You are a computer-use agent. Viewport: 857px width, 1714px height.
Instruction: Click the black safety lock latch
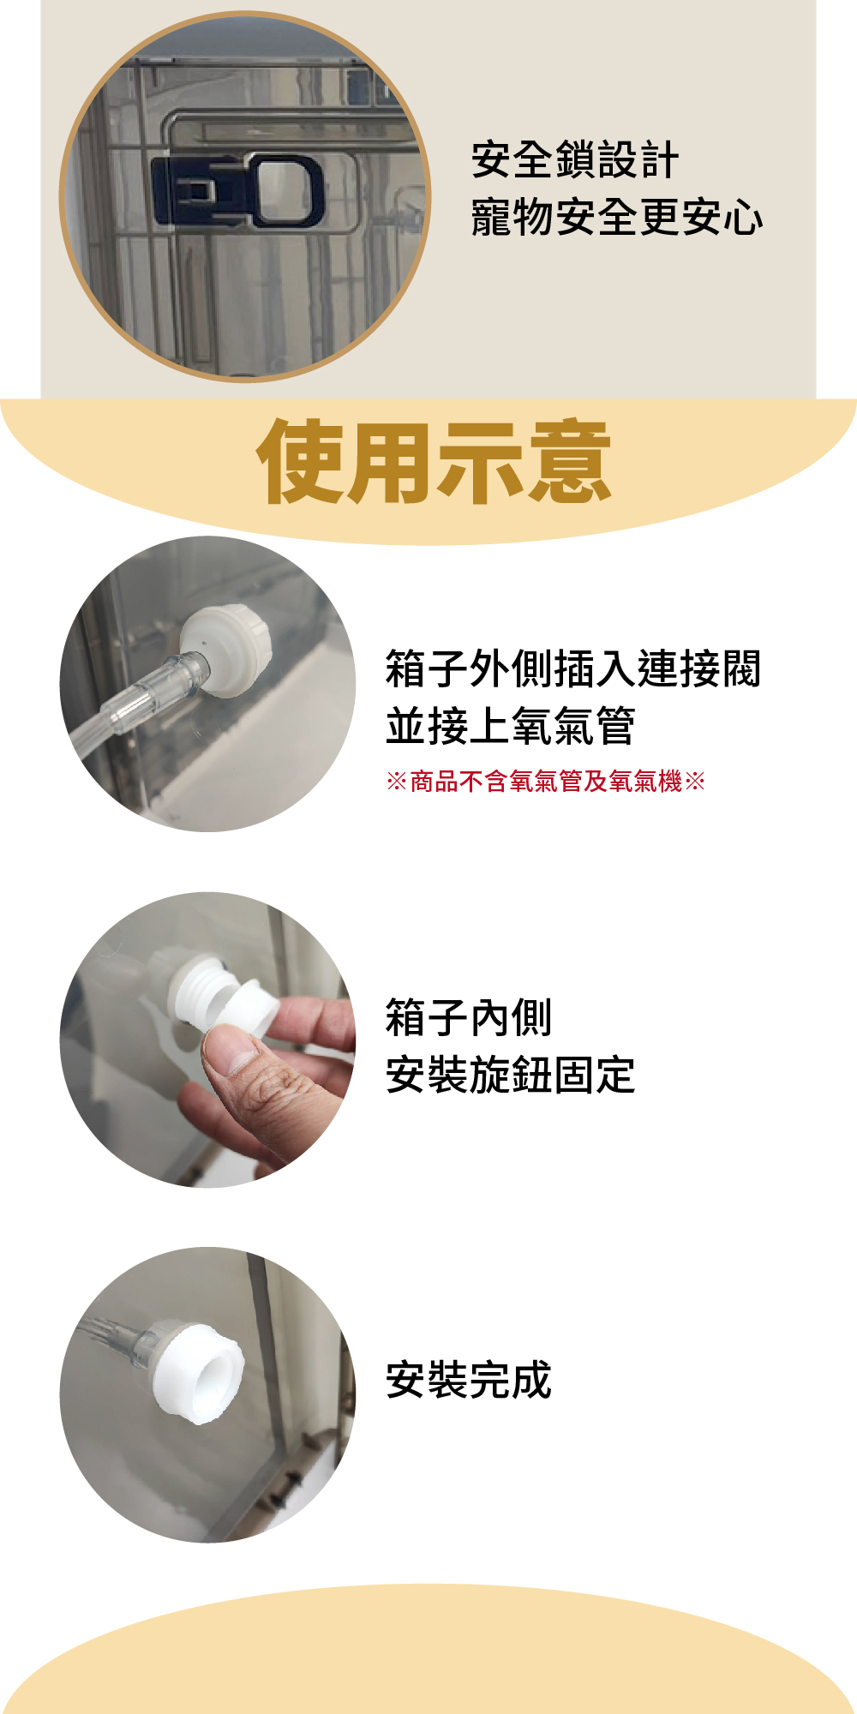pos(238,190)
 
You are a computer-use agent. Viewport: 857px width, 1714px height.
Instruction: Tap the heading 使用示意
pos(434,462)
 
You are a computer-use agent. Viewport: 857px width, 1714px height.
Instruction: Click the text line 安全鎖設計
pos(575,160)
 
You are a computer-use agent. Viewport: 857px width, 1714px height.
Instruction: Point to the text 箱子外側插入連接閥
pos(573,669)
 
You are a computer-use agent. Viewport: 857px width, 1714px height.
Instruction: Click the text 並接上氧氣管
pos(511,727)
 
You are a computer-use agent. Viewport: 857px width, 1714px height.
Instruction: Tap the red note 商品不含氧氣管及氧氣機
pos(546,782)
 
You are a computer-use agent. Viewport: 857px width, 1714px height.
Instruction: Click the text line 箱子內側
pos(469,1018)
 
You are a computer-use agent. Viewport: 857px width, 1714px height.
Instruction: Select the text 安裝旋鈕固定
pos(511,1076)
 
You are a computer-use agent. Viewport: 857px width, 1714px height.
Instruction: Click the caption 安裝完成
pos(469,1380)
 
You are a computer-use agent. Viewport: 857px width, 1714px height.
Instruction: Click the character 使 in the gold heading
pos(300,462)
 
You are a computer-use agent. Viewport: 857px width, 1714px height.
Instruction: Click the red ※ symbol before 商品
pos(396,782)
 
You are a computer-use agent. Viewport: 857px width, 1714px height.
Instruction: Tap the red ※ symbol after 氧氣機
pos(695,782)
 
